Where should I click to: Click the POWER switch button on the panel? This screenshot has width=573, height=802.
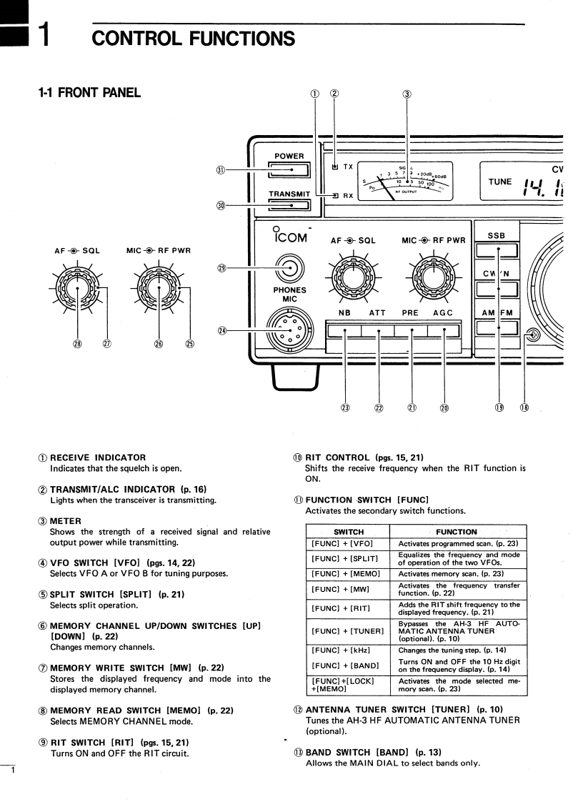tap(290, 169)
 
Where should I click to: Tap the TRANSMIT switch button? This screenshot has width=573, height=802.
tap(290, 206)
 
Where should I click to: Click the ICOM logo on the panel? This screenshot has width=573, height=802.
tap(290, 237)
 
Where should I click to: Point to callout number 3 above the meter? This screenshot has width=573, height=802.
tap(407, 94)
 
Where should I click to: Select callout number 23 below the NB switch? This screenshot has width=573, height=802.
tap(345, 407)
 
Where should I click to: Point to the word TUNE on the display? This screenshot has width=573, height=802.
tap(500, 182)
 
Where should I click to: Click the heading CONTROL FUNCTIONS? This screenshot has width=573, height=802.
tap(193, 38)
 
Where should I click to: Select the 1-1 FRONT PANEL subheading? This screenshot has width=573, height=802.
tap(89, 92)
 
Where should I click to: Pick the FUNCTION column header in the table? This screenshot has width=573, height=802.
tap(457, 532)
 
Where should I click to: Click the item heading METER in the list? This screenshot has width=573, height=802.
tap(66, 520)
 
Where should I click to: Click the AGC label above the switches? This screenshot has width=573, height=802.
tap(443, 313)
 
